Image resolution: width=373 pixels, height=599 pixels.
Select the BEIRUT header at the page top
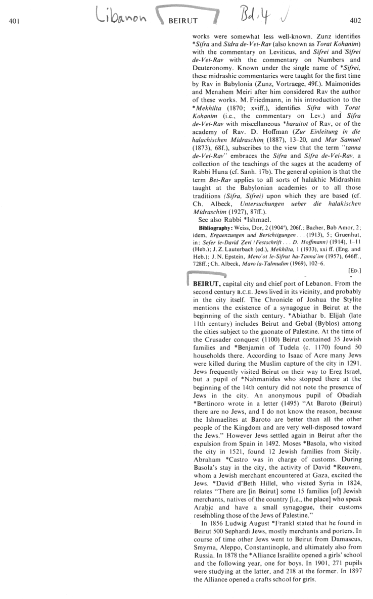[182, 21]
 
